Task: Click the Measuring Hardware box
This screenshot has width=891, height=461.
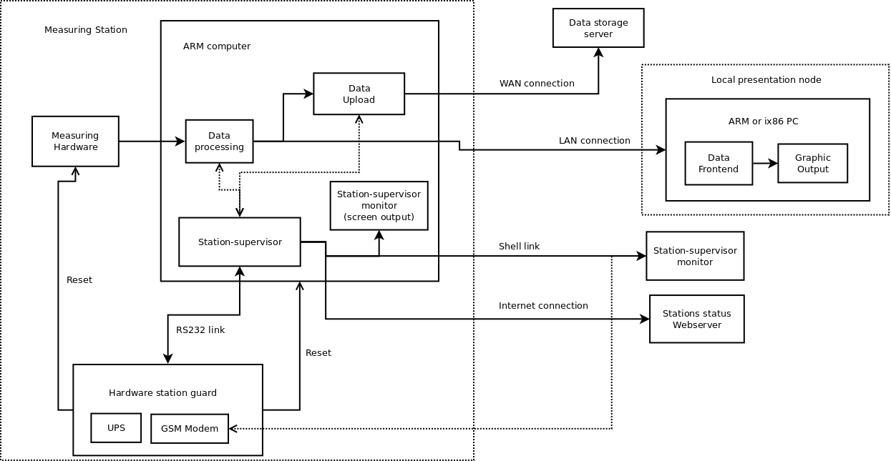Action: click(75, 142)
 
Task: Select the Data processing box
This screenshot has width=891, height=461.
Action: click(219, 142)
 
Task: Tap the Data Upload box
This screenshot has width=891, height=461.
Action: click(359, 94)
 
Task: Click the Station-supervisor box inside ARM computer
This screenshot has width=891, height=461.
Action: click(240, 242)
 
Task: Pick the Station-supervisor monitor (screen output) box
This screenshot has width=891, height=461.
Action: click(379, 205)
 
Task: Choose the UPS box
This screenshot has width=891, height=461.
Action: click(116, 428)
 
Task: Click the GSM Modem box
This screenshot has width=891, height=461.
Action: click(190, 429)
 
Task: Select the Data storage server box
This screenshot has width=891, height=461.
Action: click(598, 28)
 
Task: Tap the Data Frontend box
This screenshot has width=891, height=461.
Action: click(719, 164)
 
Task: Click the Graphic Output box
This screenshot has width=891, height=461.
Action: click(812, 164)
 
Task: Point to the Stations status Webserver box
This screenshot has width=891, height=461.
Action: click(696, 319)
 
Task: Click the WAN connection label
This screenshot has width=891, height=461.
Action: click(537, 84)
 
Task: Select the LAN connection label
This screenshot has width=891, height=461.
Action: click(594, 141)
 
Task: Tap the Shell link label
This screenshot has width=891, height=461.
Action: click(519, 247)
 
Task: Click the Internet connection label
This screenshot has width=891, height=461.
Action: click(543, 306)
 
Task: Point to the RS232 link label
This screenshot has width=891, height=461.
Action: click(200, 330)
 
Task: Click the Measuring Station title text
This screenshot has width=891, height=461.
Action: click(86, 30)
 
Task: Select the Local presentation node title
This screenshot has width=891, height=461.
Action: click(766, 80)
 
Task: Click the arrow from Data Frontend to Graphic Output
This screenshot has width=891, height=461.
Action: click(765, 164)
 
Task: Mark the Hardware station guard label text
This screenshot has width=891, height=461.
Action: click(162, 393)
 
